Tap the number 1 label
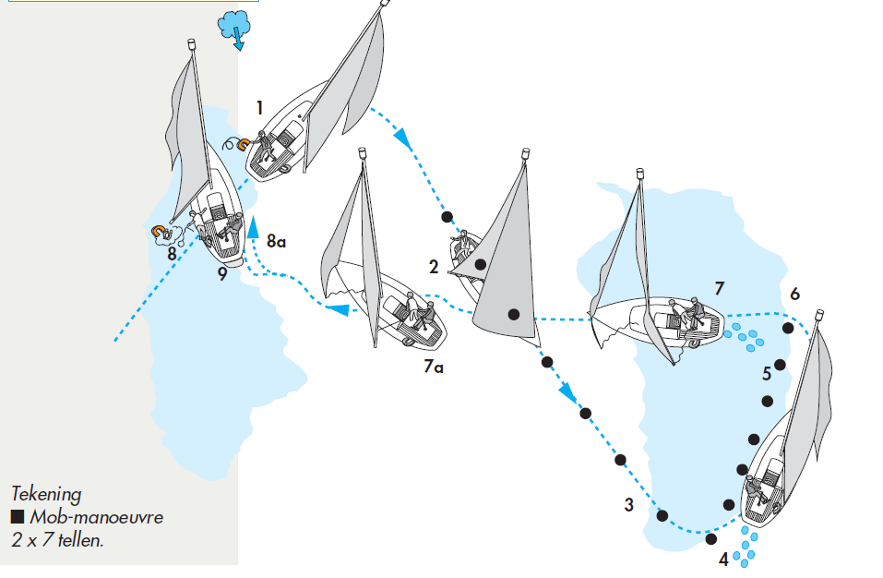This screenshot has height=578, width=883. click(x=260, y=108)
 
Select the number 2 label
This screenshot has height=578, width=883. click(x=434, y=267)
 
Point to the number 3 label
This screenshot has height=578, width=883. click(x=628, y=505)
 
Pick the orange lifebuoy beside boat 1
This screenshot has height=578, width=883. click(x=242, y=144)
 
